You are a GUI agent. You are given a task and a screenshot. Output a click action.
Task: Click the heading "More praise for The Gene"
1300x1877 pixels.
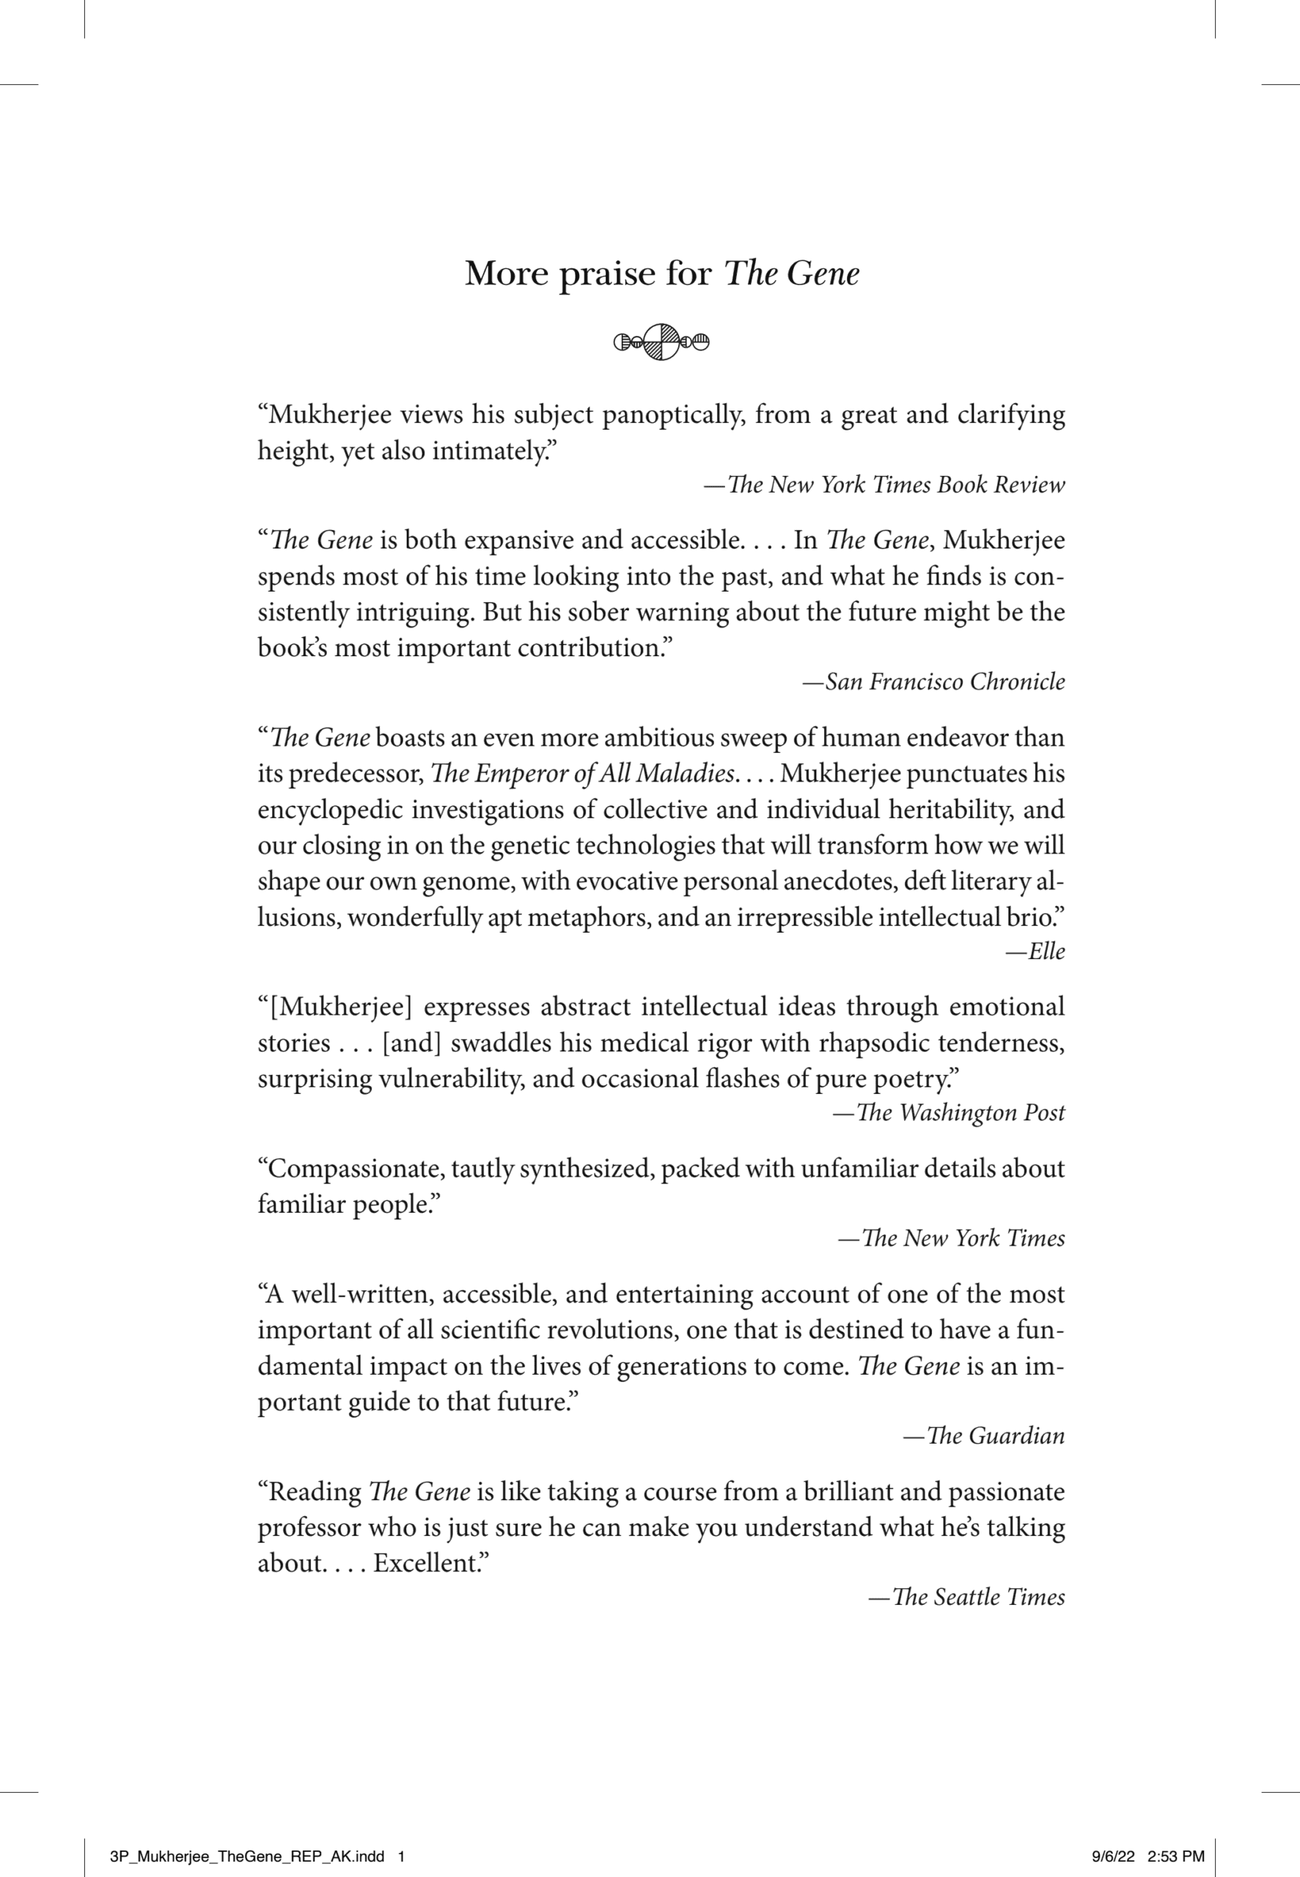(661, 273)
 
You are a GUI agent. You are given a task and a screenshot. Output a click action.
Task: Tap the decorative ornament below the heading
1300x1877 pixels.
(661, 342)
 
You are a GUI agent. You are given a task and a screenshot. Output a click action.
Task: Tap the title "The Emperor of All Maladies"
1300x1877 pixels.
(581, 774)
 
